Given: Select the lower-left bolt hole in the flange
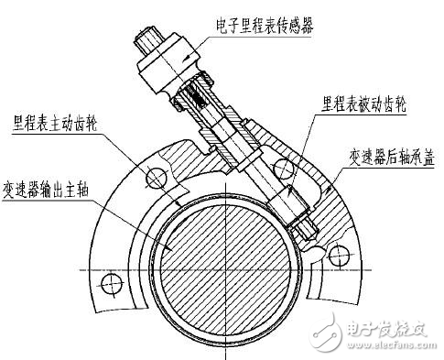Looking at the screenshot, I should click(x=112, y=288).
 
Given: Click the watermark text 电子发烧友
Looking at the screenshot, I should click(x=385, y=328).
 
